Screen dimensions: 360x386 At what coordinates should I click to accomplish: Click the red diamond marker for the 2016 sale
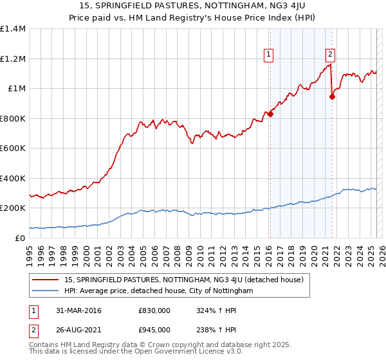pyautogui.click(x=270, y=114)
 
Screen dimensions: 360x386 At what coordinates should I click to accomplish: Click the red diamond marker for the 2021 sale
pyautogui.click(x=332, y=97)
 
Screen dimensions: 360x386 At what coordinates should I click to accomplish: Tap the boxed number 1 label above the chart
pyautogui.click(x=268, y=55)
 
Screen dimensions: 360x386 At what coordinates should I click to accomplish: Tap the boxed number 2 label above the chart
pyautogui.click(x=330, y=55)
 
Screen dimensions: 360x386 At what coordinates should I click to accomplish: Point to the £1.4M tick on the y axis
pyautogui.click(x=13, y=29)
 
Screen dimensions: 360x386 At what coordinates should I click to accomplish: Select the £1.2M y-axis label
pyautogui.click(x=13, y=59)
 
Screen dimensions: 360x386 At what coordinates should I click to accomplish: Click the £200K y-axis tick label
pyautogui.click(x=13, y=208)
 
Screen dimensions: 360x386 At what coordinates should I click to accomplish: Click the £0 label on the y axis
pyautogui.click(x=20, y=238)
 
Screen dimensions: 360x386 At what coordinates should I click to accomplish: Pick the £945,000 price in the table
pyautogui.click(x=154, y=330)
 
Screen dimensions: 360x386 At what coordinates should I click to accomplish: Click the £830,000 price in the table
pyautogui.click(x=154, y=310)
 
